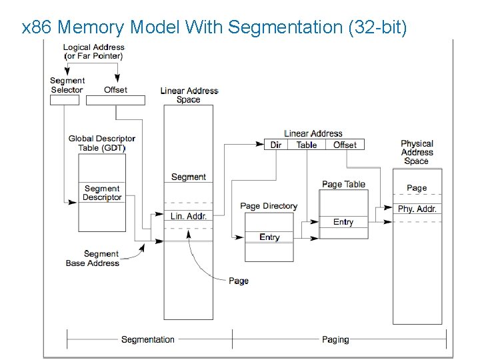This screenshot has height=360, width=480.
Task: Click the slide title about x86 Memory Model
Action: point(213,27)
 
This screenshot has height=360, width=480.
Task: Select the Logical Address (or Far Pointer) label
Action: point(93,51)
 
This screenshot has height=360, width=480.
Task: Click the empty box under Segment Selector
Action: point(65,100)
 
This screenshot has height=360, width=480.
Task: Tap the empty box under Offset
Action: point(115,100)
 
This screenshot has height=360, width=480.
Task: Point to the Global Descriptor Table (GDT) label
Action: point(102,143)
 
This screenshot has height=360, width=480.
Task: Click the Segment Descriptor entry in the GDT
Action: point(102,193)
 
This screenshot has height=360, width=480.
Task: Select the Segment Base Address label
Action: point(92,259)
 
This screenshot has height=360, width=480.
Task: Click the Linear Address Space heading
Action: point(189,95)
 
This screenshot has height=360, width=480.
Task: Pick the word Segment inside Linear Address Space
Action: point(189,177)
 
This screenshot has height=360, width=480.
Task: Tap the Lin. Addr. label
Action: point(189,216)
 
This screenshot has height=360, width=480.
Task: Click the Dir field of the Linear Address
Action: point(276,145)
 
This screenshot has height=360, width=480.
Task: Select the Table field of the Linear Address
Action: point(307,145)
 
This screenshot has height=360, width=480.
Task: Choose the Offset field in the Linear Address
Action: point(345,145)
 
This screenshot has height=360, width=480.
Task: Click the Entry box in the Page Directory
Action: point(269,237)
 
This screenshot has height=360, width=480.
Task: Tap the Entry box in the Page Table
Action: point(343,222)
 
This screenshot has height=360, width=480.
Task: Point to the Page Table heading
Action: point(343,184)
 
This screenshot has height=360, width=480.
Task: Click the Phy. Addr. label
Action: point(417,209)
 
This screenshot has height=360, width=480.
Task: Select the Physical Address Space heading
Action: point(417,152)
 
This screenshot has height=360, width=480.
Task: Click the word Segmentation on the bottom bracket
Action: point(148,339)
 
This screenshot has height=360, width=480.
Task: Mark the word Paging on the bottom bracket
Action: point(335,339)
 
